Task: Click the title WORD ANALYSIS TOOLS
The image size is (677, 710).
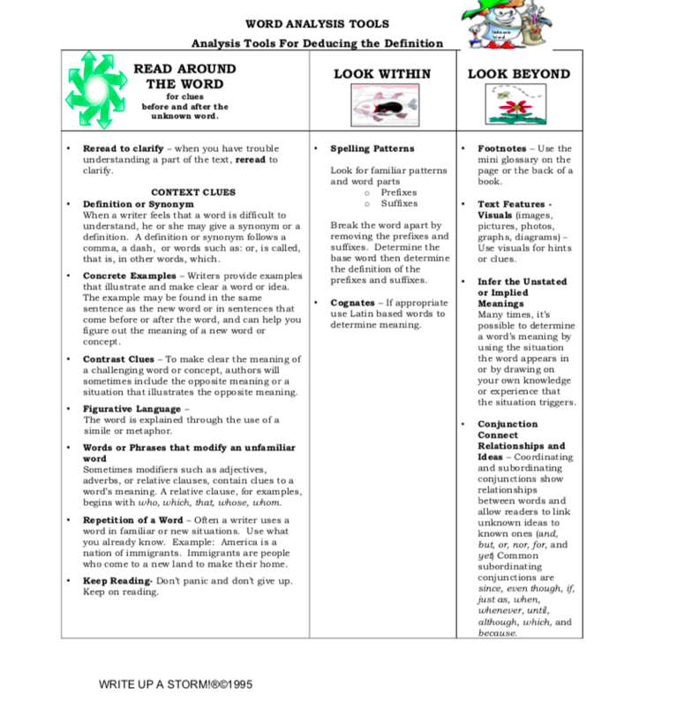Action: click(x=317, y=24)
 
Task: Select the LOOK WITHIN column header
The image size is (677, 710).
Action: click(x=382, y=74)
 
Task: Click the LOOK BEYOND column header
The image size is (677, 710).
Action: click(x=519, y=74)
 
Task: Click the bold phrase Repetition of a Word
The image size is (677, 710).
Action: click(x=133, y=520)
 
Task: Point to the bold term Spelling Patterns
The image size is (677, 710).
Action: click(x=372, y=148)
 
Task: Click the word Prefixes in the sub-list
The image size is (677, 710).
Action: click(x=399, y=193)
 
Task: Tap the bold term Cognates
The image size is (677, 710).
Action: click(x=352, y=302)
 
